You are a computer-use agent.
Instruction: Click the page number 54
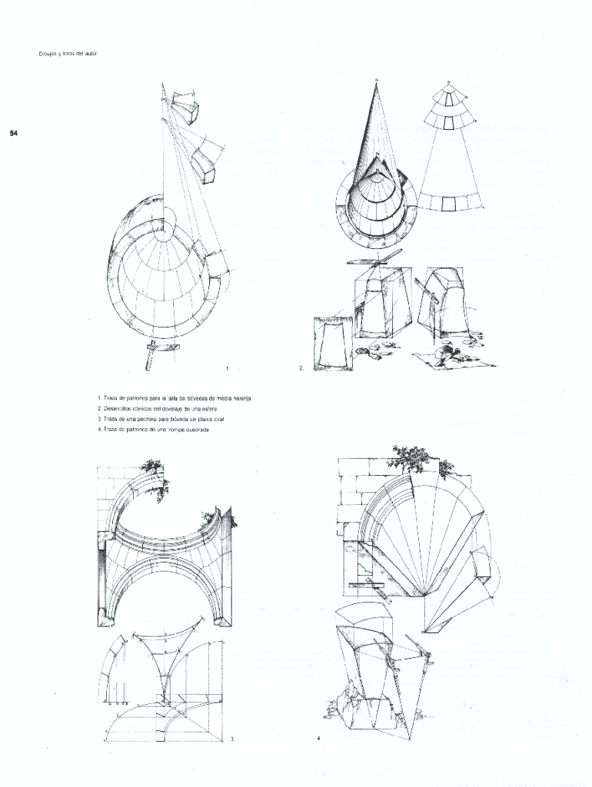pos(13,134)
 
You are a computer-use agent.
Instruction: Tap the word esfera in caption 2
pos(209,409)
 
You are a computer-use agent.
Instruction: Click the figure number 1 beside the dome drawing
pos(227,369)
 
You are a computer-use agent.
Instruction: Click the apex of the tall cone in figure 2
pos(377,80)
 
